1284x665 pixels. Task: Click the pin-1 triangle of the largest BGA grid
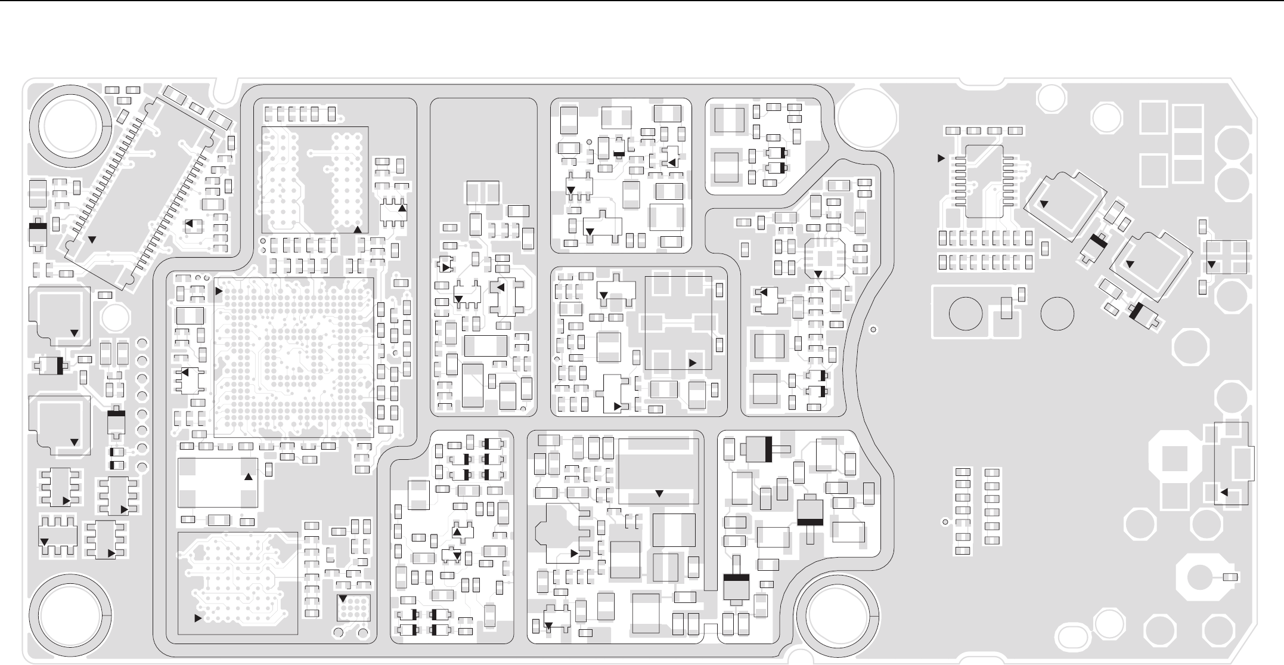click(219, 291)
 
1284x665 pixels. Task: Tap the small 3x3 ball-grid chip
click(353, 608)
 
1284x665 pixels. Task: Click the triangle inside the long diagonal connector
click(92, 239)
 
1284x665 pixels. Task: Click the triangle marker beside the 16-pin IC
click(941, 158)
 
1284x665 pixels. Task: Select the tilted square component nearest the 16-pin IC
click(1065, 206)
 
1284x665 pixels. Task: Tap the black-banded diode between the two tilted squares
click(1095, 248)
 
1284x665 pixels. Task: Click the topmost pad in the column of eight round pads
click(142, 343)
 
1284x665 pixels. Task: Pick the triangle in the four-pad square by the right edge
click(1211, 264)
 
